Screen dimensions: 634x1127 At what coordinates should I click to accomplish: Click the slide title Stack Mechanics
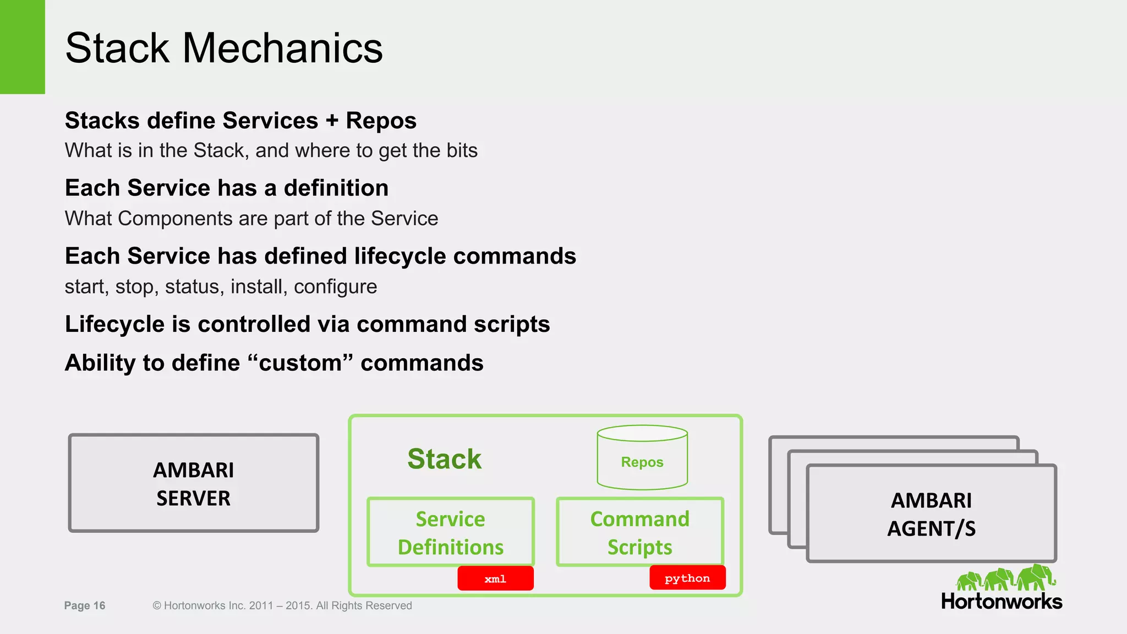pyautogui.click(x=223, y=48)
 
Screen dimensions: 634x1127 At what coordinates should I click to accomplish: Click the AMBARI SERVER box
pyautogui.click(x=193, y=483)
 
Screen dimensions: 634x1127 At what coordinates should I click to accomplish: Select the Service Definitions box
pyautogui.click(x=450, y=532)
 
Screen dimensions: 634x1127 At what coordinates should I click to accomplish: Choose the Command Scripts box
pyautogui.click(x=639, y=532)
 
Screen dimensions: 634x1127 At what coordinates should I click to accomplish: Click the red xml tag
pyautogui.click(x=495, y=578)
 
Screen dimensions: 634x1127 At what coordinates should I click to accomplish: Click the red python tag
pyautogui.click(x=687, y=578)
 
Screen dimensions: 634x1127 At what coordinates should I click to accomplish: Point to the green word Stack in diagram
pyautogui.click(x=444, y=459)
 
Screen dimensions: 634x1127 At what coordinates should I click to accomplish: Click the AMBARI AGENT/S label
pyautogui.click(x=931, y=514)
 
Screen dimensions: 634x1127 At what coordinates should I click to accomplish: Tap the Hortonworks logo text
pyautogui.click(x=1001, y=602)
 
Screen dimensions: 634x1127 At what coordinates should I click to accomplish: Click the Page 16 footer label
pyautogui.click(x=85, y=605)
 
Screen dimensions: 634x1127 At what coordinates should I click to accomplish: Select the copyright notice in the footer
pyautogui.click(x=282, y=605)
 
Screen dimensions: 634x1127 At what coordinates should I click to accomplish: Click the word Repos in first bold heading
pyautogui.click(x=381, y=121)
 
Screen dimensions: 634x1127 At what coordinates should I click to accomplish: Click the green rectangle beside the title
pyautogui.click(x=22, y=47)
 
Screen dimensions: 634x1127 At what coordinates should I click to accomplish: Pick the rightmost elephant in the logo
pyautogui.click(x=1036, y=577)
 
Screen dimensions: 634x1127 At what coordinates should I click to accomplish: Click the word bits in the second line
pyautogui.click(x=462, y=150)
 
